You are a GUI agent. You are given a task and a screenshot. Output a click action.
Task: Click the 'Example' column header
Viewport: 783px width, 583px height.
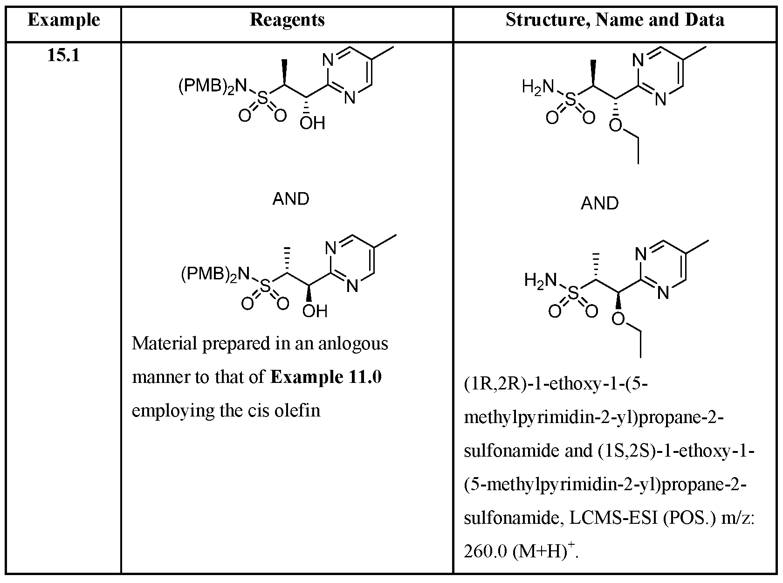coord(64,20)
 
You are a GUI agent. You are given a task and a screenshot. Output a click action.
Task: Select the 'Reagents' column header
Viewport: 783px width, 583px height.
coord(287,20)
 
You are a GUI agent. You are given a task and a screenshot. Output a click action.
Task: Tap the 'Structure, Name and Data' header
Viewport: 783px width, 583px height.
coord(615,20)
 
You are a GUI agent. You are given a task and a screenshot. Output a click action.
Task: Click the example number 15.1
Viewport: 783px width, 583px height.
coord(63,56)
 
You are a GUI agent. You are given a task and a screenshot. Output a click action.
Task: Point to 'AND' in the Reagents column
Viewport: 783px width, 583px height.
coord(291,199)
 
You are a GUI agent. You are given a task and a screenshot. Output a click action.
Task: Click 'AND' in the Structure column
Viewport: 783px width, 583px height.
coord(600,203)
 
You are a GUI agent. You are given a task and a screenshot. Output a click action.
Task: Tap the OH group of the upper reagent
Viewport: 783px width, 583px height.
coord(312,123)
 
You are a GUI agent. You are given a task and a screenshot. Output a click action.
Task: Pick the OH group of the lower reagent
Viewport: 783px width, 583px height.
coord(315,311)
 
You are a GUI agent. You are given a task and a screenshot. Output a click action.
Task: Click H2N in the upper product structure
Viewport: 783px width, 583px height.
coord(538,87)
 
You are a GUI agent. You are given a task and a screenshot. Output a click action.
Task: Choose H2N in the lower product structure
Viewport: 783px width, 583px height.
coord(541,281)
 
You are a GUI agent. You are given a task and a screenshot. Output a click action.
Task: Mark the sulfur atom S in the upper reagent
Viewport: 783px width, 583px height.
coord(263,98)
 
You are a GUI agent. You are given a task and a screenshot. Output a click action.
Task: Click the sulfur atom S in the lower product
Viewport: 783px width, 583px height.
coord(574,293)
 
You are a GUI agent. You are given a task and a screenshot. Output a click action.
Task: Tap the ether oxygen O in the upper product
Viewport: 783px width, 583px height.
coord(616,125)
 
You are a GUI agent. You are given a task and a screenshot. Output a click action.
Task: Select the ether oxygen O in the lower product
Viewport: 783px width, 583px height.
coord(618,319)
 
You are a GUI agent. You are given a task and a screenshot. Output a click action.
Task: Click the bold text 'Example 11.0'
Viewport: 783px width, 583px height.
coord(326,377)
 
